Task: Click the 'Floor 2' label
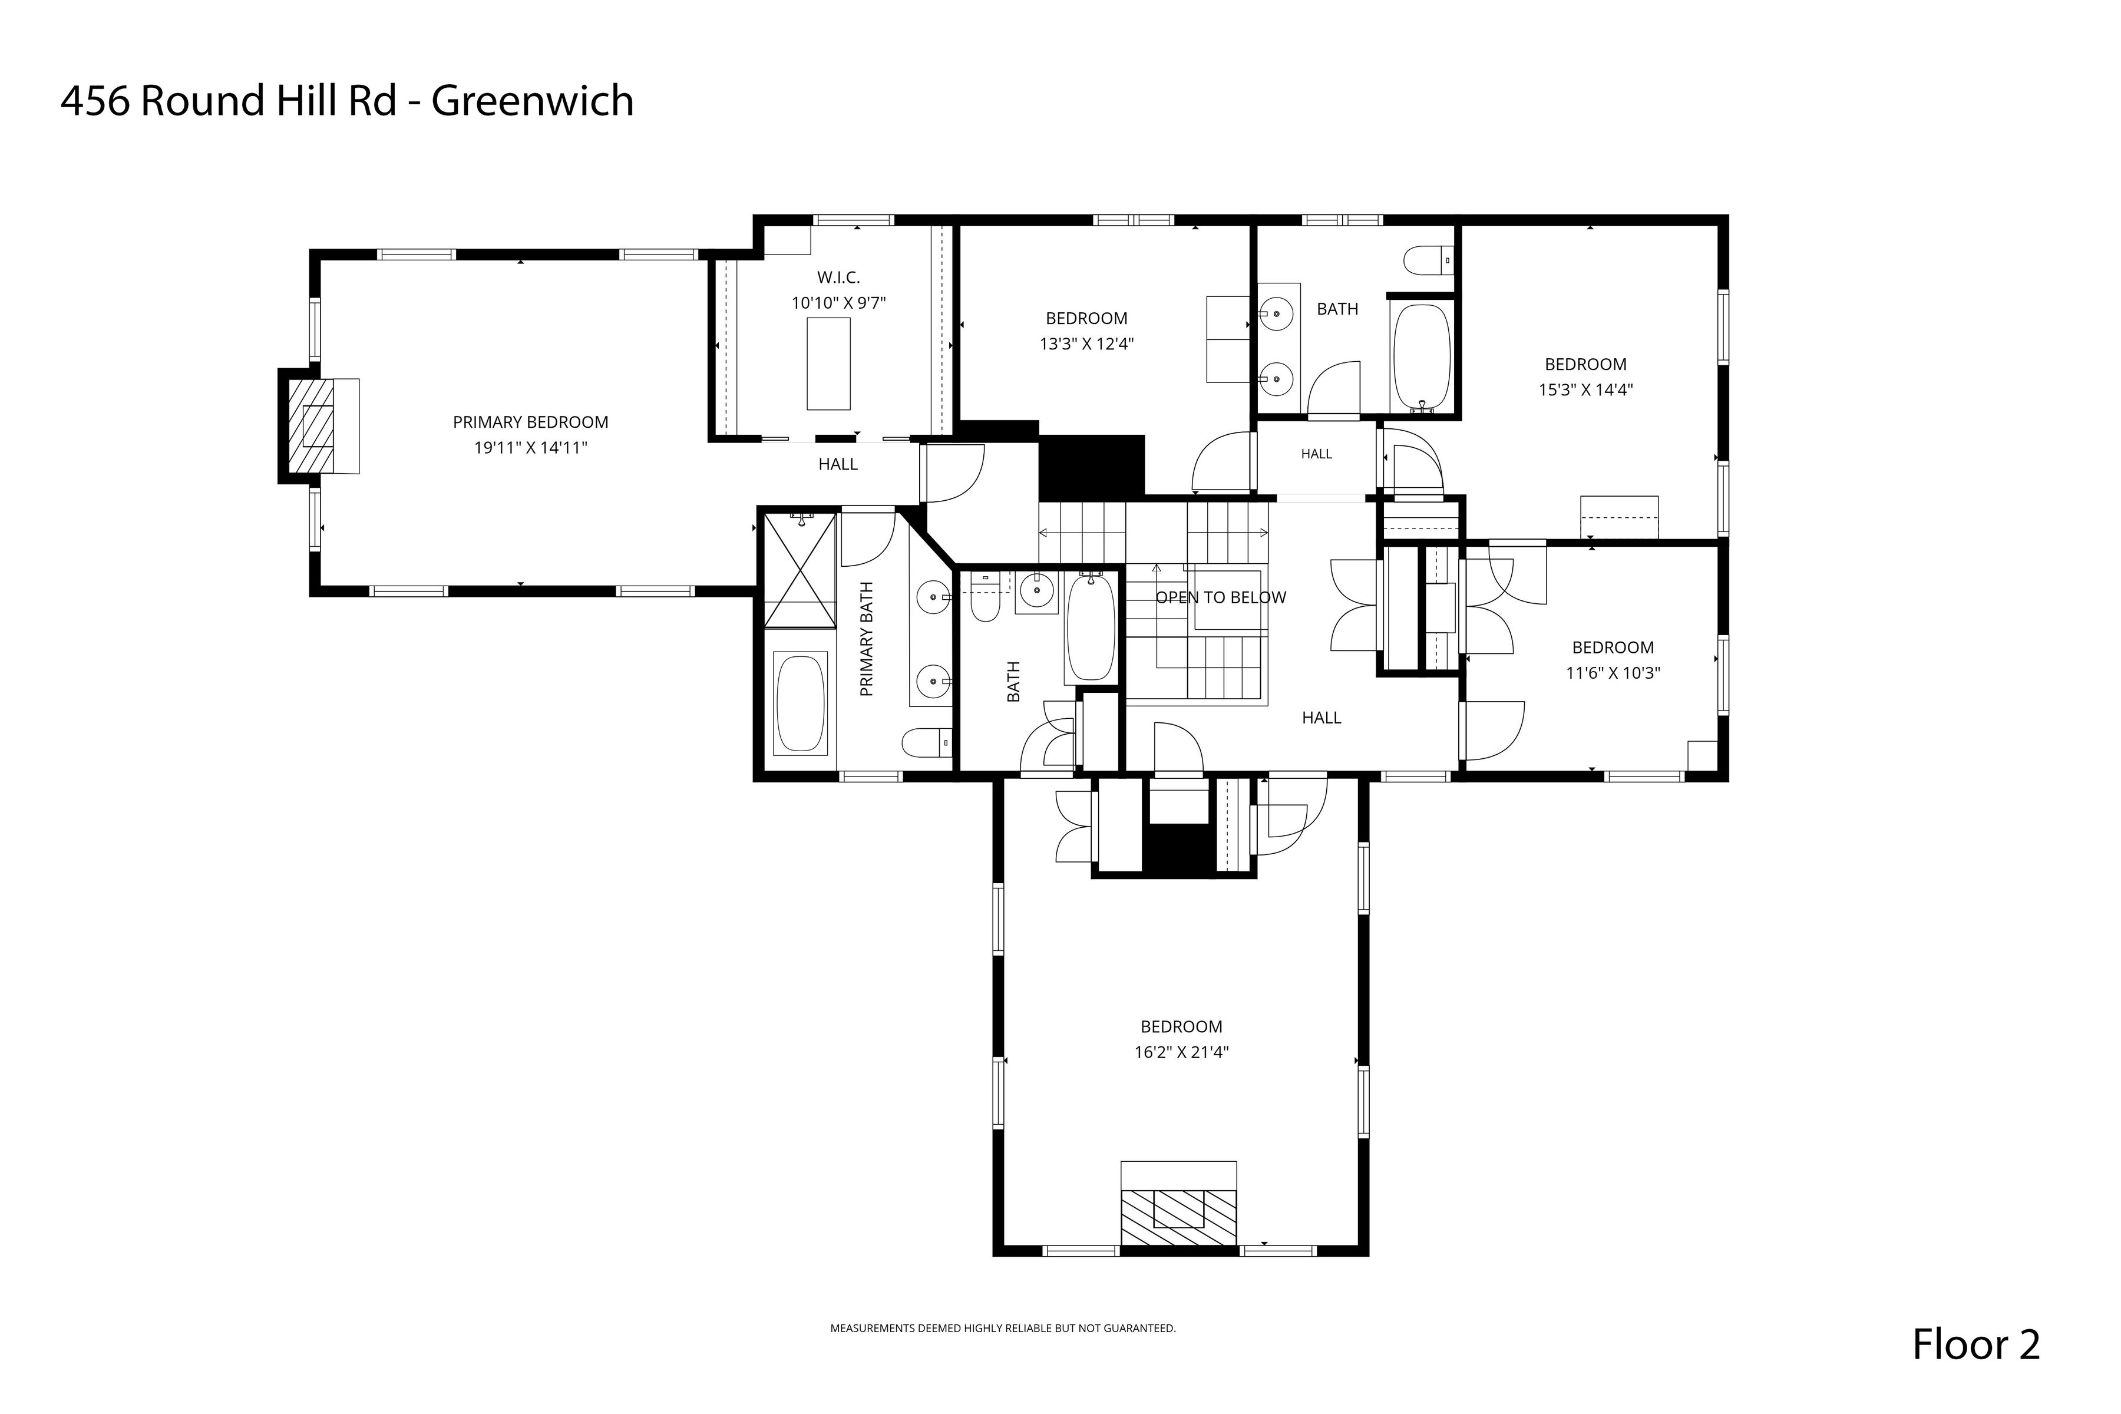pos(1976,1344)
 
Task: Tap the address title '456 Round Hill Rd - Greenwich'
pos(347,100)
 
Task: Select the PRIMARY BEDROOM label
pos(530,422)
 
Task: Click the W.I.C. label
pos(838,277)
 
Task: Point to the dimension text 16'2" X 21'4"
pos(1181,1052)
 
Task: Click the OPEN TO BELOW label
pos(1221,597)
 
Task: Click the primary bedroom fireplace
pos(318,425)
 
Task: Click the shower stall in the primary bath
pos(800,569)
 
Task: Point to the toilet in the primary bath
pos(927,743)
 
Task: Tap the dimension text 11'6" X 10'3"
pos(1613,673)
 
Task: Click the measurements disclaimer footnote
pos(1003,1329)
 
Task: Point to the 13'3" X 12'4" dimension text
pos(1086,343)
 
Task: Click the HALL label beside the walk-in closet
pos(838,464)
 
